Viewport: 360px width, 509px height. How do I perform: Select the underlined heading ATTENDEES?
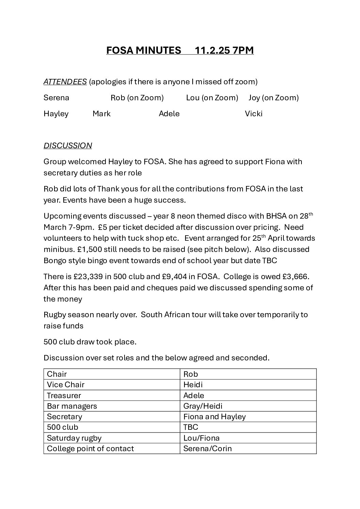click(65, 82)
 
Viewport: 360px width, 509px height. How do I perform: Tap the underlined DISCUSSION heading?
click(68, 146)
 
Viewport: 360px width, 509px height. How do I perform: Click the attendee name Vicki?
click(253, 114)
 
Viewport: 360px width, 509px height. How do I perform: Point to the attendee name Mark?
click(101, 114)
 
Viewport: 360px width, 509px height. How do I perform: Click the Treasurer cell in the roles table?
click(64, 395)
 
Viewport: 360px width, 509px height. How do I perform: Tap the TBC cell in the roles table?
click(191, 427)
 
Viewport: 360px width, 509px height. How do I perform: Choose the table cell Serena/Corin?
click(207, 448)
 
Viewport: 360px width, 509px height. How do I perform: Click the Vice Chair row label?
click(66, 385)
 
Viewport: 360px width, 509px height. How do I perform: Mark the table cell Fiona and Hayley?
click(214, 417)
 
